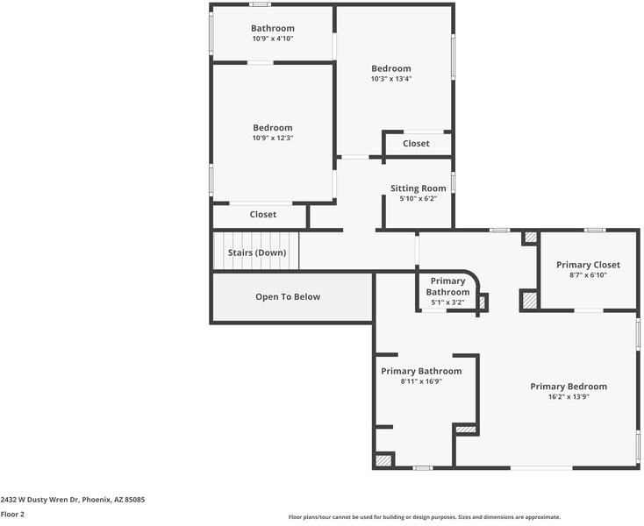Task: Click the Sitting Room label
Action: pos(419,188)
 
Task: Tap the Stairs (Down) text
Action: pos(257,252)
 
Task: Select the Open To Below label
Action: pos(288,296)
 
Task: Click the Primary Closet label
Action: pos(588,265)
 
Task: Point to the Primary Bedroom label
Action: pos(569,387)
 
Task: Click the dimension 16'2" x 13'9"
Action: pos(569,397)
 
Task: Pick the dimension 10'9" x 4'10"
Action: pos(273,39)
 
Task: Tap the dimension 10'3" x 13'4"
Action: pos(391,79)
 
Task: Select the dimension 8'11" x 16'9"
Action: pos(421,381)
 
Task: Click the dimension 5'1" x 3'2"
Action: pos(447,302)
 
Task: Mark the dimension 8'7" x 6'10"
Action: pos(588,275)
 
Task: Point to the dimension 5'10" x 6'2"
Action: pos(419,199)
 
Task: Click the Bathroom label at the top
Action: pos(273,28)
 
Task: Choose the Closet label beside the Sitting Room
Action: pos(416,144)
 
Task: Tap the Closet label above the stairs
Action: pos(263,215)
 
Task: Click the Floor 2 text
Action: pos(12,514)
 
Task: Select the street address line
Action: pos(73,500)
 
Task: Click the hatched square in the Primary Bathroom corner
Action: pos(383,460)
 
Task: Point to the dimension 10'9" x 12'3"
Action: pos(273,138)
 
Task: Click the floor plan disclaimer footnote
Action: pos(425,517)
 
